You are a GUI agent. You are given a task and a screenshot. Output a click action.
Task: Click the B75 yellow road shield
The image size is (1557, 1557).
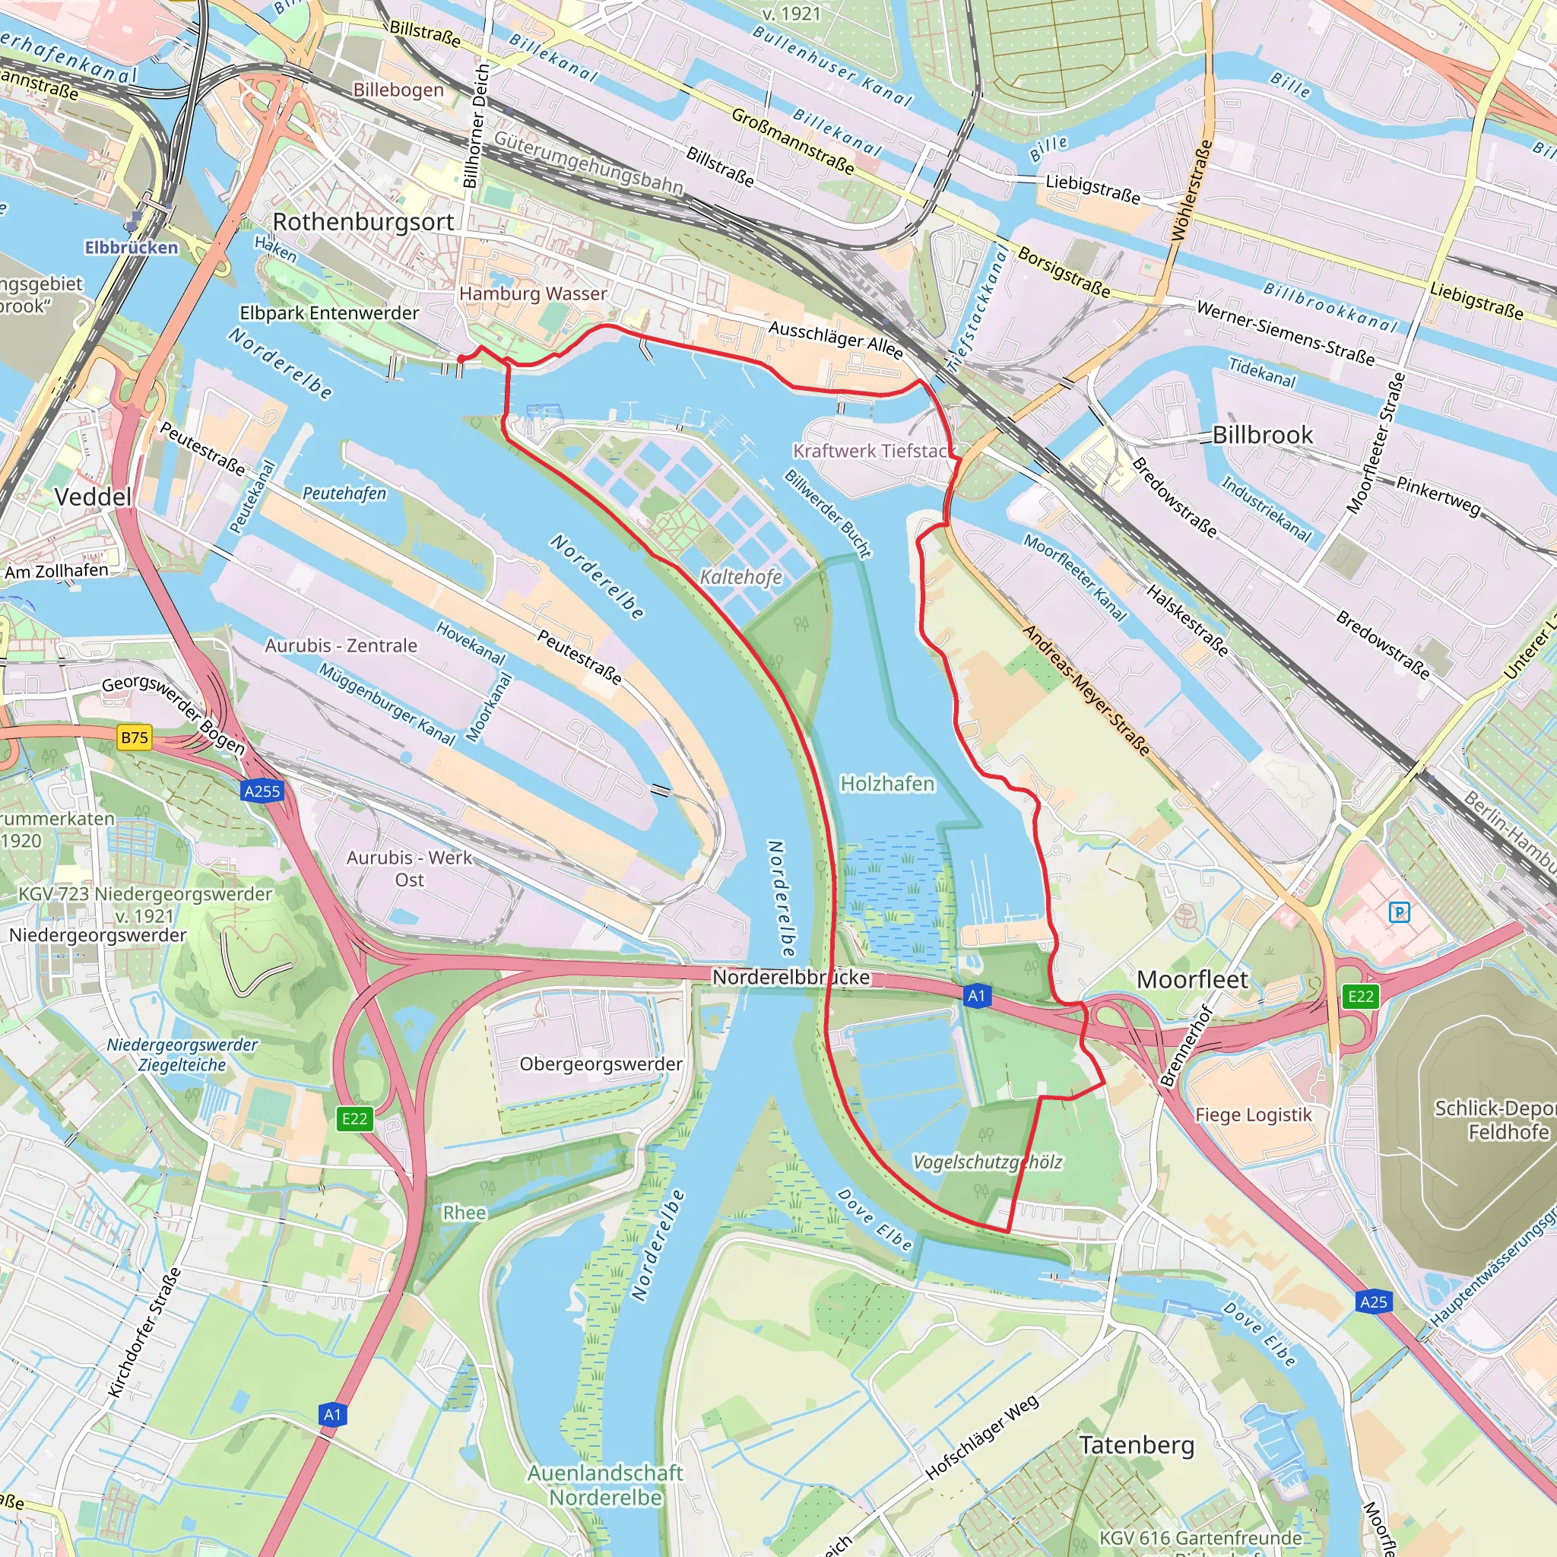(x=135, y=737)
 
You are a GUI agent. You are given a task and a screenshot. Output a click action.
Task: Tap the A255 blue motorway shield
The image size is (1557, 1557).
(x=262, y=791)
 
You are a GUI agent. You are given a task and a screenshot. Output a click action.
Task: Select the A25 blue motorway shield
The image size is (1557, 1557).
(x=1373, y=1302)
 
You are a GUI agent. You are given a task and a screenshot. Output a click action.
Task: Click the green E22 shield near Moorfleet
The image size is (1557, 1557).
(x=1360, y=996)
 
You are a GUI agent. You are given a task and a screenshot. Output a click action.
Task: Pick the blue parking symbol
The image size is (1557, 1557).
(x=1400, y=912)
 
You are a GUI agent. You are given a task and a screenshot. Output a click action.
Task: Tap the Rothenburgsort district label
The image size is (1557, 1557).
(x=363, y=222)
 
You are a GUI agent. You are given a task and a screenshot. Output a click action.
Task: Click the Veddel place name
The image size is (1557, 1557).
(x=93, y=496)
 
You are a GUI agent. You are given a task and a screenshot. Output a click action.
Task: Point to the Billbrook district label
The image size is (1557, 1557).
(x=1262, y=434)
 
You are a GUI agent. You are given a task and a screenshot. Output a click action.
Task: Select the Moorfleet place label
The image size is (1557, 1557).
(x=1192, y=979)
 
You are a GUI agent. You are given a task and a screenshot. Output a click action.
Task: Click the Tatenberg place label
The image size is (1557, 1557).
(x=1137, y=1445)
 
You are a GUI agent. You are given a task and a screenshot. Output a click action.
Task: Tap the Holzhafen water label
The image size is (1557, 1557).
(x=886, y=783)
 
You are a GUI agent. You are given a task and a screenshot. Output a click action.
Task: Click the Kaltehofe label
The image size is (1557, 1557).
(x=740, y=577)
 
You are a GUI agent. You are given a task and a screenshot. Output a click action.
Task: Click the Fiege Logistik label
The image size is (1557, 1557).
(x=1253, y=1115)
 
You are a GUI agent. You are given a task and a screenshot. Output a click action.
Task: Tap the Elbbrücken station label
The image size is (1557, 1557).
(x=131, y=247)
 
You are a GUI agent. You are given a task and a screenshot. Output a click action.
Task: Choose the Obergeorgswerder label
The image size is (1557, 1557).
(x=601, y=1064)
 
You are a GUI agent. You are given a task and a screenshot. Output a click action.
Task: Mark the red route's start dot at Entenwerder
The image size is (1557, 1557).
(x=461, y=360)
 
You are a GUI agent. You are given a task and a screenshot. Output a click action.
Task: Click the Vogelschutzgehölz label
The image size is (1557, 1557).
(x=988, y=1162)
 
